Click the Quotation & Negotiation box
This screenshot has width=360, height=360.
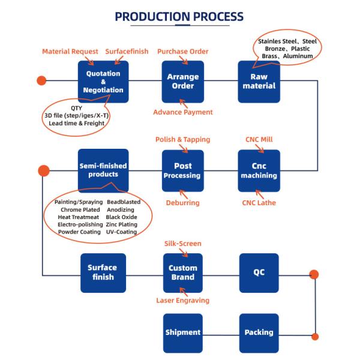(x=103, y=82)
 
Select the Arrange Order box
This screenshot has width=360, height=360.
(x=183, y=82)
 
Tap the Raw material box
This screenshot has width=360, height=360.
(x=259, y=82)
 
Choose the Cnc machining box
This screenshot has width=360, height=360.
(x=259, y=170)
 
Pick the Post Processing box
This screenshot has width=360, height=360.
(x=183, y=170)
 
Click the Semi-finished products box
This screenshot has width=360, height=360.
(x=103, y=170)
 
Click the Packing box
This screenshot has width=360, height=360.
(x=259, y=332)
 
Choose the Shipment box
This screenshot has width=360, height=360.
(x=183, y=332)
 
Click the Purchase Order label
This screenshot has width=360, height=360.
(x=183, y=52)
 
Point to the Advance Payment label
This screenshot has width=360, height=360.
(x=183, y=112)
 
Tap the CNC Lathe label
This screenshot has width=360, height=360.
(x=259, y=203)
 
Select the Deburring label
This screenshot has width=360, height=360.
(x=183, y=203)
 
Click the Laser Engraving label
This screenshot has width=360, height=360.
(x=183, y=301)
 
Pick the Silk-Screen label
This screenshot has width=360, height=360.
(x=183, y=244)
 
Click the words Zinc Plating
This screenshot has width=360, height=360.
(x=122, y=224)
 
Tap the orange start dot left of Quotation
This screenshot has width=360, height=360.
(x=41, y=80)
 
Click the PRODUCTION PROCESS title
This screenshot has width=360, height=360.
(x=179, y=16)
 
